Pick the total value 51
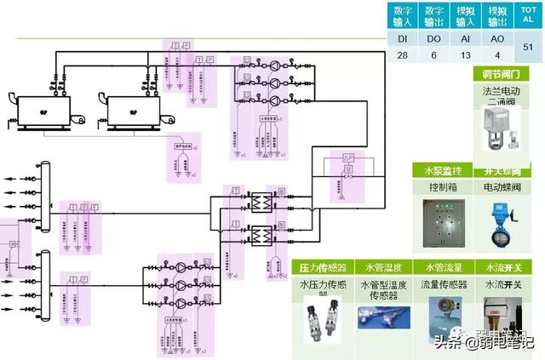click(x=528, y=47)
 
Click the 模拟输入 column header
click(x=464, y=16)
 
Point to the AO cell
click(x=496, y=37)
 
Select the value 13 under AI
click(x=464, y=54)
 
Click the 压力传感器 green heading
click(x=322, y=267)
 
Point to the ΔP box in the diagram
click(x=347, y=158)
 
